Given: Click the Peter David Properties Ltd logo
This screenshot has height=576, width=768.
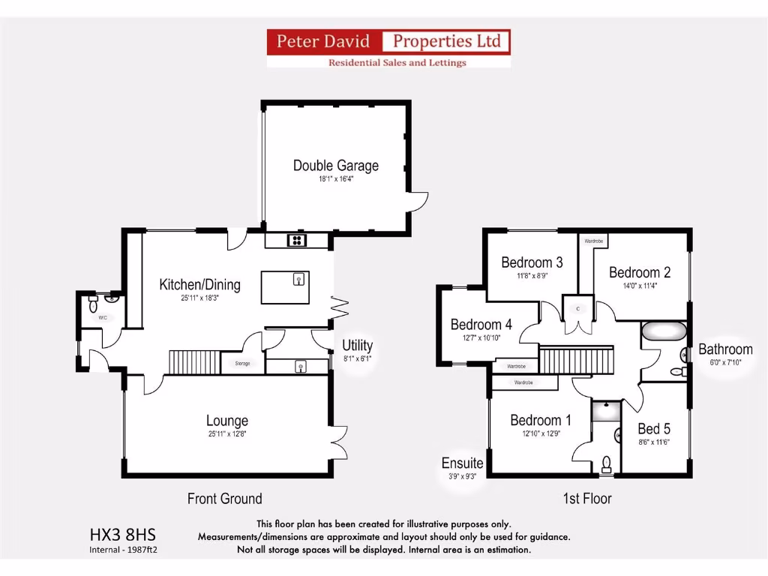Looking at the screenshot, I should [x=388, y=48].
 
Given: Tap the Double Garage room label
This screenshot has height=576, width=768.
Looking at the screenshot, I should [x=335, y=166].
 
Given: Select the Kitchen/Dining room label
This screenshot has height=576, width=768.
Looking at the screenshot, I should [x=199, y=284].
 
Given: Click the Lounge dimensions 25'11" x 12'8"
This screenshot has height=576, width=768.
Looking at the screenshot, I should [x=226, y=434].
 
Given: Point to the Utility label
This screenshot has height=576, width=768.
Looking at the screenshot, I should [x=357, y=346].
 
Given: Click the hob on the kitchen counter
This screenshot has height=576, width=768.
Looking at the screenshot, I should [x=296, y=241].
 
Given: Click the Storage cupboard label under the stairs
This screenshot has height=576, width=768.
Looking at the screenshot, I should [x=241, y=364].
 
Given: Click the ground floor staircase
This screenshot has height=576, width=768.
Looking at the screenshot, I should [x=193, y=362].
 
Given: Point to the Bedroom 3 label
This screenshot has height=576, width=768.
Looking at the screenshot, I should [x=532, y=262].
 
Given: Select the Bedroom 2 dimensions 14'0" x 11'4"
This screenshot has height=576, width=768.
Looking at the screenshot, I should [x=639, y=285].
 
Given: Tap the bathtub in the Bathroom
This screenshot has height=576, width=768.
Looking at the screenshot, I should [x=664, y=331].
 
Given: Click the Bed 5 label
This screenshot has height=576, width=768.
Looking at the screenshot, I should [x=654, y=429].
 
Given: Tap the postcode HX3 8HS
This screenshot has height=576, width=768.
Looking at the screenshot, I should [x=123, y=535].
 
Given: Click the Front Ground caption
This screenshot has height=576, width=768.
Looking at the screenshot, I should [x=224, y=499].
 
